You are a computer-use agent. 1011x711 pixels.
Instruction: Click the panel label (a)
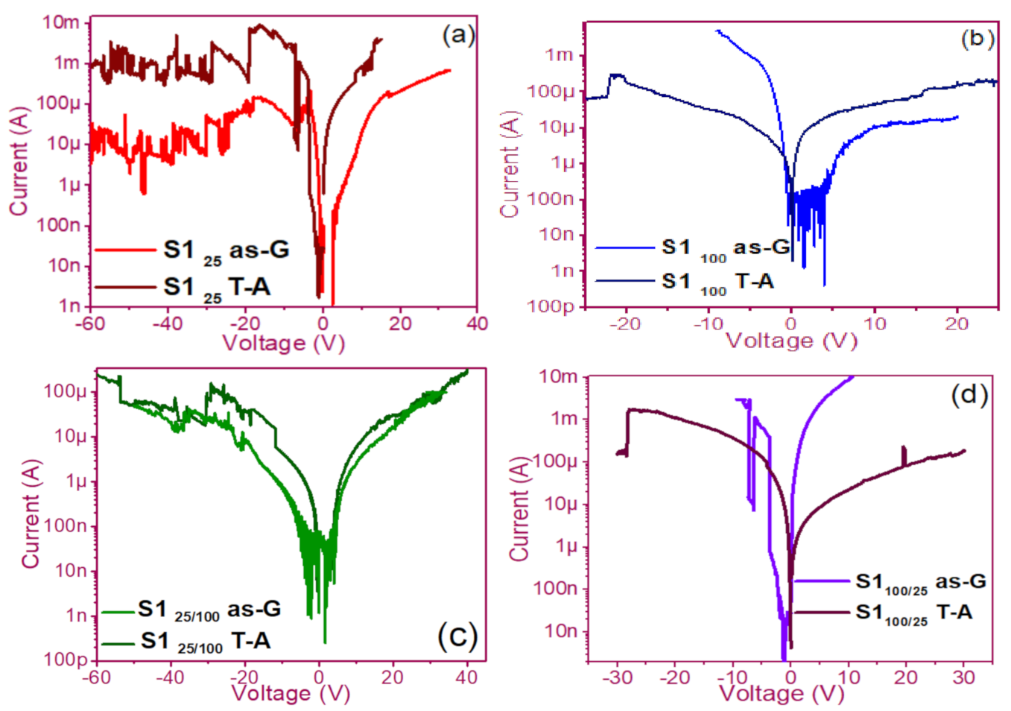coord(457,35)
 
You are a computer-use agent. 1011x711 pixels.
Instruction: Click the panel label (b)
coord(977,39)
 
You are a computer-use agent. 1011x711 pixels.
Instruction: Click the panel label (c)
coord(457,636)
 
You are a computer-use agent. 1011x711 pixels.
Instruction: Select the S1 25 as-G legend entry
coord(226,250)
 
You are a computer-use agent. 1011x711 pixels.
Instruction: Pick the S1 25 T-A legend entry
coord(216,288)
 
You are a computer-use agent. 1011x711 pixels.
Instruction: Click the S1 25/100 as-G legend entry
coord(209,610)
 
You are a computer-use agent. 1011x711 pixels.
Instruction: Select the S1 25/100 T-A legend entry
coord(205,641)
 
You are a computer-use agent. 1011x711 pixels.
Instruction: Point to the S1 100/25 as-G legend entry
coord(920,581)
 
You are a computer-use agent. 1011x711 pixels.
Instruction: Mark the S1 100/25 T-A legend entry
coord(913,613)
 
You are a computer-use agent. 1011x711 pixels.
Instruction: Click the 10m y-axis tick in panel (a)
coord(61,22)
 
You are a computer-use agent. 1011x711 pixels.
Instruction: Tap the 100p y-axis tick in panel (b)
coord(550,306)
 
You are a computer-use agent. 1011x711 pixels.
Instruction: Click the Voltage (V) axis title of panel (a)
coord(283,343)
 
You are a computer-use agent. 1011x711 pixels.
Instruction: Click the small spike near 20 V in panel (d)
coord(904,455)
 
